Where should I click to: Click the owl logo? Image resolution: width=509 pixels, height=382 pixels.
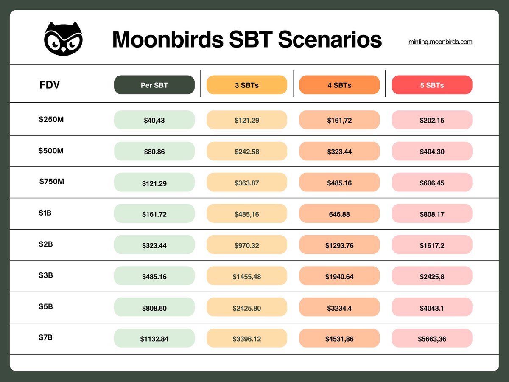63,39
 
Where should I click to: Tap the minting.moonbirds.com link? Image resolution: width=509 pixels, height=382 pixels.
440,42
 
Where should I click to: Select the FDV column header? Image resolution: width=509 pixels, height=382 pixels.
50,85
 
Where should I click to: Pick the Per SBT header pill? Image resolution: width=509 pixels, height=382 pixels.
154,85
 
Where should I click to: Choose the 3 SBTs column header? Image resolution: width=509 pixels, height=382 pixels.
247,85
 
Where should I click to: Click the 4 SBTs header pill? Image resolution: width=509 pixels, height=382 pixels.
339,85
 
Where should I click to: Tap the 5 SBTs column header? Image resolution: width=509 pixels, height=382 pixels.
432,85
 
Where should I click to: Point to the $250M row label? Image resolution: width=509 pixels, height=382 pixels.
51,119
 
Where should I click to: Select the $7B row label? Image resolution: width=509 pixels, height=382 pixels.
45,337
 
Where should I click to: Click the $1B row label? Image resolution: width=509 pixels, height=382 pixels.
45,213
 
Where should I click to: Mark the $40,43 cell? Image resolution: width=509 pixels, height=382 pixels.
154,120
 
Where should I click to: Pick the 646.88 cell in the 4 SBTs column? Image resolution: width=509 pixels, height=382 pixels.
339,214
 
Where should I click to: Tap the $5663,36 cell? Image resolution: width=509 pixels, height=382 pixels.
432,339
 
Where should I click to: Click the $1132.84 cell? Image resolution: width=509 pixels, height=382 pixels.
154,339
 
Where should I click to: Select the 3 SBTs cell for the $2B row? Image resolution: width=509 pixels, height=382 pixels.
247,245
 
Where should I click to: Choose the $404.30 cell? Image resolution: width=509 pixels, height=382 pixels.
432,151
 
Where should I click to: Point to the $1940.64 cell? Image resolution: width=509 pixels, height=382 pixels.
339,276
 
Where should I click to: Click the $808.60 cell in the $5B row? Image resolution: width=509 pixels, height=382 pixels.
154,307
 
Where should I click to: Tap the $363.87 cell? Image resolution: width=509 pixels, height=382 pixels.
247,183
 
